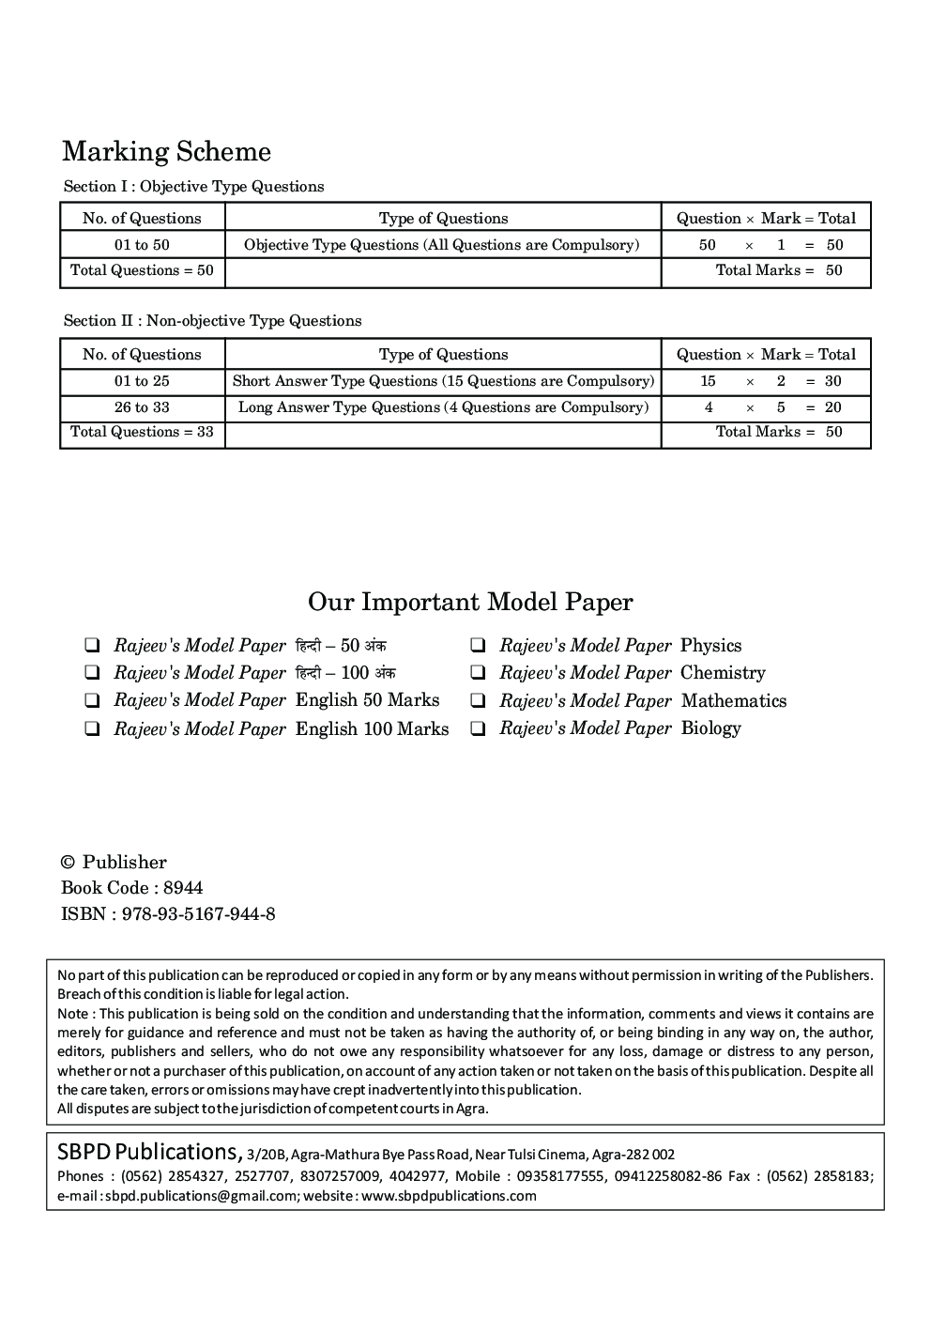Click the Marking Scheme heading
tap(166, 152)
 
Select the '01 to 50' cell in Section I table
tap(142, 245)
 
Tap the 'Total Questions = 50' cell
tap(142, 270)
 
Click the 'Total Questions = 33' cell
tap(142, 432)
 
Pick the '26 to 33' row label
tap(142, 407)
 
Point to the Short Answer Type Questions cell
tap(443, 381)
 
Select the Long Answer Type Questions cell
tap(443, 407)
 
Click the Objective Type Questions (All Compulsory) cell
tap(441, 245)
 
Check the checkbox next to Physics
tap(478, 646)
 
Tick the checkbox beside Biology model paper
tap(478, 728)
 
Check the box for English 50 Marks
tap(92, 700)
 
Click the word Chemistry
tap(723, 673)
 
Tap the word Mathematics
tap(733, 701)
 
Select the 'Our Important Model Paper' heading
tap(470, 602)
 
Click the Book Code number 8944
tap(183, 888)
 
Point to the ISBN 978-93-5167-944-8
tap(198, 914)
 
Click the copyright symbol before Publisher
tap(68, 863)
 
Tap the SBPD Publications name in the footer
tap(146, 1152)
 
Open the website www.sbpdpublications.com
tap(449, 1196)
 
